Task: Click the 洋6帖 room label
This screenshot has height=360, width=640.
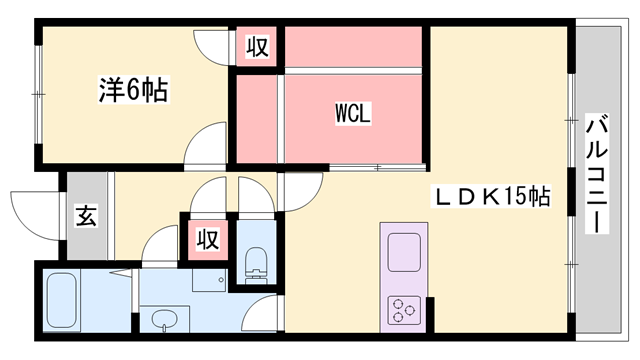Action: click(133, 91)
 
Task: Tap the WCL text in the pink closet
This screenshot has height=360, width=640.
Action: click(352, 114)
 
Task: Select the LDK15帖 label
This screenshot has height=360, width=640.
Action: click(490, 196)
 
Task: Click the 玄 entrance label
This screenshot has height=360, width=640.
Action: click(87, 218)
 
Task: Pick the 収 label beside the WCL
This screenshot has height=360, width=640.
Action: click(258, 46)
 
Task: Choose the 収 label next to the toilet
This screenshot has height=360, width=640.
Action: click(207, 240)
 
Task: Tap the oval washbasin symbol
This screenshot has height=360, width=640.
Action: click(163, 319)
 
